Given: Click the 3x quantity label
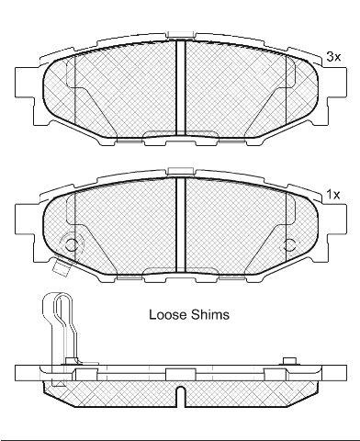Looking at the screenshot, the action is coord(333,57).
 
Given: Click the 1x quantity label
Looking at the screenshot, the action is coord(333,195).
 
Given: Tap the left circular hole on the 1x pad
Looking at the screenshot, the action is coord(73,244).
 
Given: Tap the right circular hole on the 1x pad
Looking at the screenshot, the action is coord(289,244).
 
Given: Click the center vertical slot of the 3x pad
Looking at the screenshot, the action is coord(181,87).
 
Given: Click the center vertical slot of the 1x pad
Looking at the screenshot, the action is coord(181,225).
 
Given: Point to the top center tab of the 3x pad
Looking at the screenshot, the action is coord(181,35).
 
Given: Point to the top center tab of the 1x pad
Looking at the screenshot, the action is coord(181,172).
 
